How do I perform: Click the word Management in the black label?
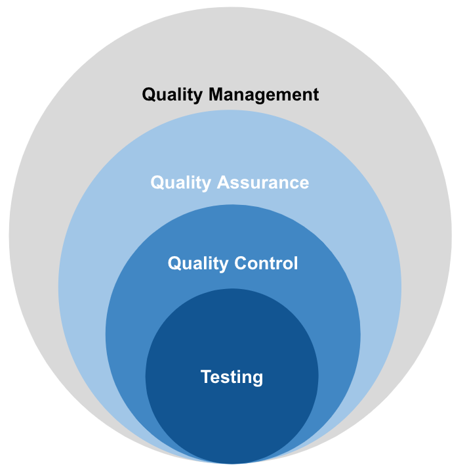[x=264, y=95]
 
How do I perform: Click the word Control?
[x=265, y=263]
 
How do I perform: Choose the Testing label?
[x=232, y=377]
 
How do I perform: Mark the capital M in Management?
[x=216, y=94]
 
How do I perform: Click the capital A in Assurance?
[x=224, y=182]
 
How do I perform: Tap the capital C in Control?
[x=239, y=263]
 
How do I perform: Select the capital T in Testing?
[x=205, y=376]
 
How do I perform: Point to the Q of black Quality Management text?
[x=149, y=95]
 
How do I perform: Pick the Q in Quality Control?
[x=174, y=263]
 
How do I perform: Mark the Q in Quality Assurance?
[x=157, y=182]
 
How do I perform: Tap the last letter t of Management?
[x=315, y=95]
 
